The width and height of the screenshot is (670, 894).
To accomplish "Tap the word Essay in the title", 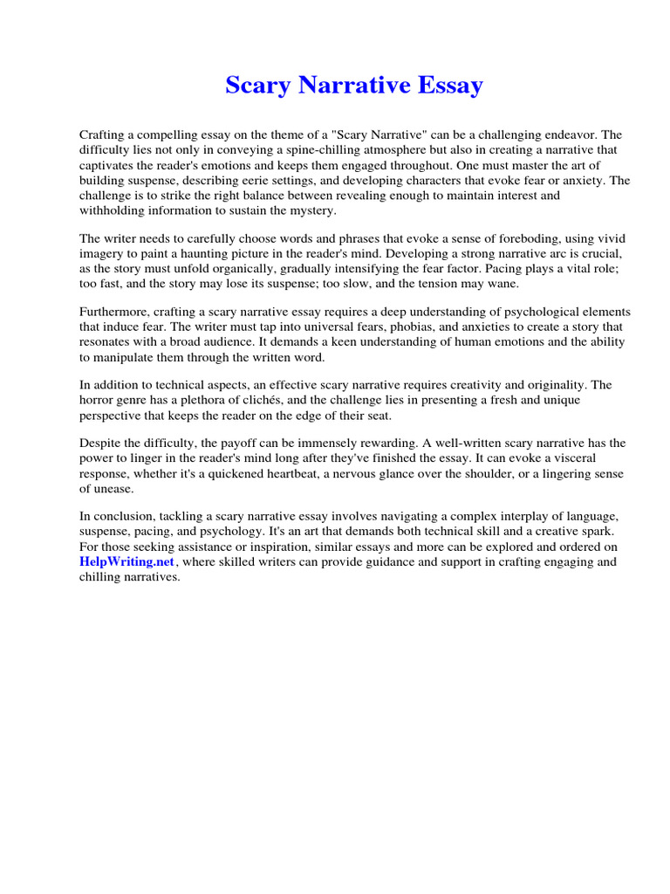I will [448, 86].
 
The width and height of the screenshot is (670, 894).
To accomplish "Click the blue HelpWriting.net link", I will [127, 561].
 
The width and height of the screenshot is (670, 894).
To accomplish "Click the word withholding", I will [114, 210].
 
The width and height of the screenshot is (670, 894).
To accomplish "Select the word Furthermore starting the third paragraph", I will [117, 312].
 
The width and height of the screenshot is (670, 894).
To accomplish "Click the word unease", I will [114, 488].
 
